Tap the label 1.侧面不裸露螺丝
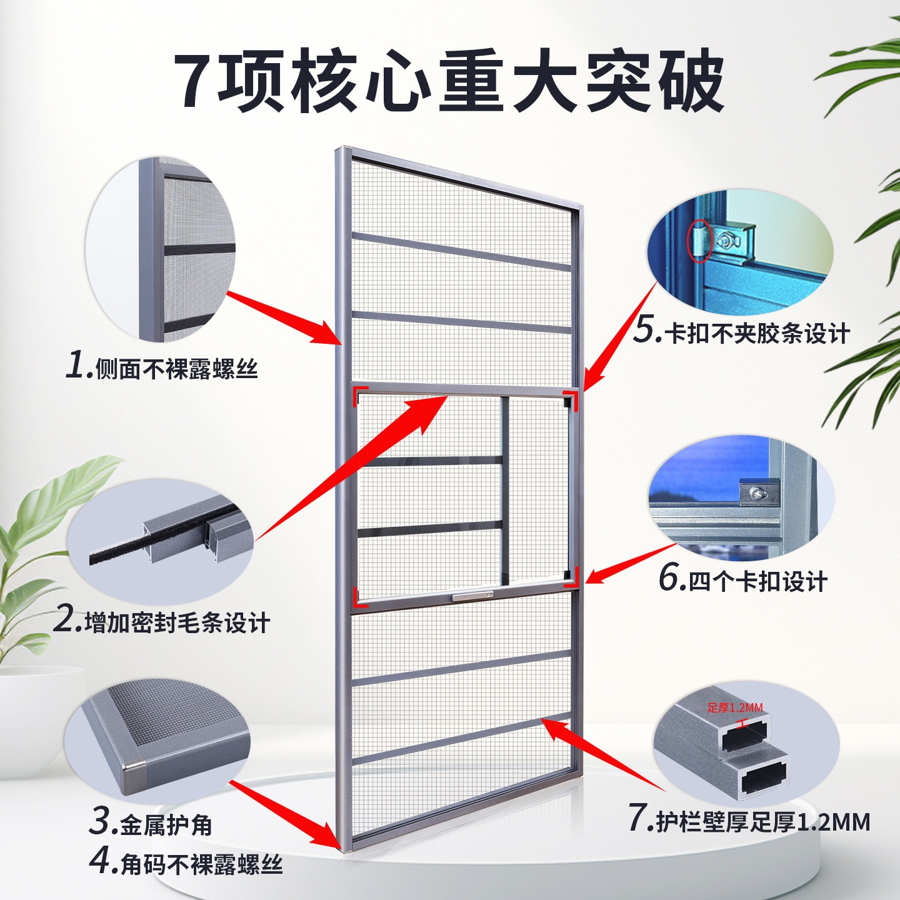[x=162, y=366]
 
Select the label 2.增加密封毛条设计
[x=162, y=621]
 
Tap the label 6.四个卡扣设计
[x=743, y=579]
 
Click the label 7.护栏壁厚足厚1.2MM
[x=749, y=820]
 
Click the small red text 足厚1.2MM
[x=735, y=707]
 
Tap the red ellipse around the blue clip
[x=700, y=241]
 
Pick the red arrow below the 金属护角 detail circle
[x=287, y=816]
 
